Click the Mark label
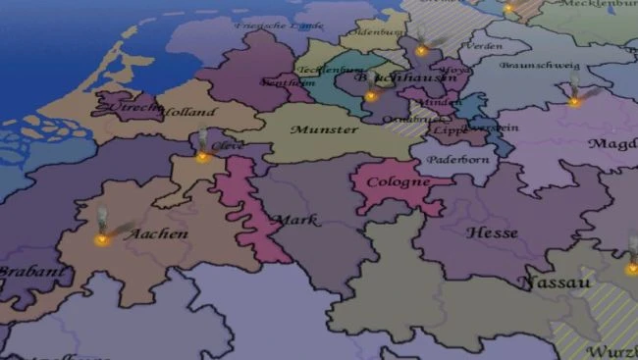295,220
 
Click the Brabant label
20,272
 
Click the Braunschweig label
529,67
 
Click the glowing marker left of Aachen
101,238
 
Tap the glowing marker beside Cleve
202,155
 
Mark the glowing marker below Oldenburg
421,50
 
